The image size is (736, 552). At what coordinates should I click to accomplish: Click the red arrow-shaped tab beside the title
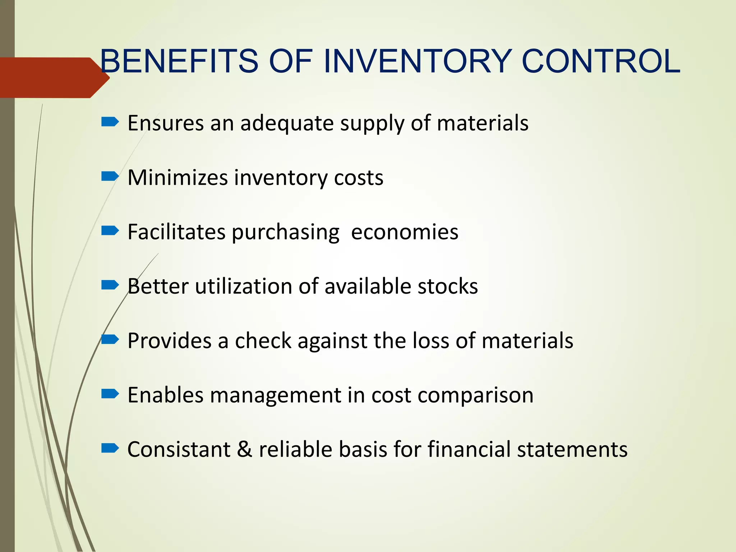pos(50,78)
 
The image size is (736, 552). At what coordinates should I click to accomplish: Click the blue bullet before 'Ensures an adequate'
pos(110,122)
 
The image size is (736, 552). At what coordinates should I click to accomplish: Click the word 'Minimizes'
pos(178,178)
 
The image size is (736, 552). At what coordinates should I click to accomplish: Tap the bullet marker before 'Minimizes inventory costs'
pos(110,176)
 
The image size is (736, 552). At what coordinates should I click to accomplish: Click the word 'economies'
pos(404,232)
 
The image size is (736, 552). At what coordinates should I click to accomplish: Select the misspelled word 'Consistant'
pos(179,449)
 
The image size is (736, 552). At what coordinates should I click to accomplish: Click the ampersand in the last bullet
pos(244,450)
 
